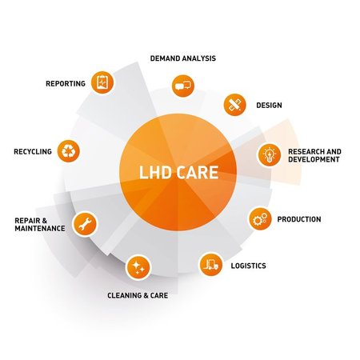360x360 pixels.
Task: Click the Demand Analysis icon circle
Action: tap(182, 84)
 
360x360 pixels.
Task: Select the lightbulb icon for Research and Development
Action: tap(269, 154)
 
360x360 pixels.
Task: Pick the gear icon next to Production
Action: tap(258, 218)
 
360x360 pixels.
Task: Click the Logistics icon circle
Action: tap(210, 263)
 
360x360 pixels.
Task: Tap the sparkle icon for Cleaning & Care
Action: tap(138, 268)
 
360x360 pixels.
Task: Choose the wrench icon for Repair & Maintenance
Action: tap(84, 223)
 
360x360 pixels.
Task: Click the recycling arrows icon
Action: tap(70, 150)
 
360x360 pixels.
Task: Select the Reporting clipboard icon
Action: tap(102, 82)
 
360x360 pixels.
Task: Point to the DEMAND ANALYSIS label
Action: tap(183, 58)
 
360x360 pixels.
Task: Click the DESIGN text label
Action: tap(269, 105)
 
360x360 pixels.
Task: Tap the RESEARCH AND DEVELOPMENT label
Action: tap(314, 155)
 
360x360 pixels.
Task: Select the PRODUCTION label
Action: tap(298, 219)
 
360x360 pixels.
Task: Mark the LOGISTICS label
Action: tap(248, 266)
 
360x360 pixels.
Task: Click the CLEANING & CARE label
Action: tap(138, 295)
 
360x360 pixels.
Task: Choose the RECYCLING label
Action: tap(33, 151)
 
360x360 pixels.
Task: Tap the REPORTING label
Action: tap(66, 83)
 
